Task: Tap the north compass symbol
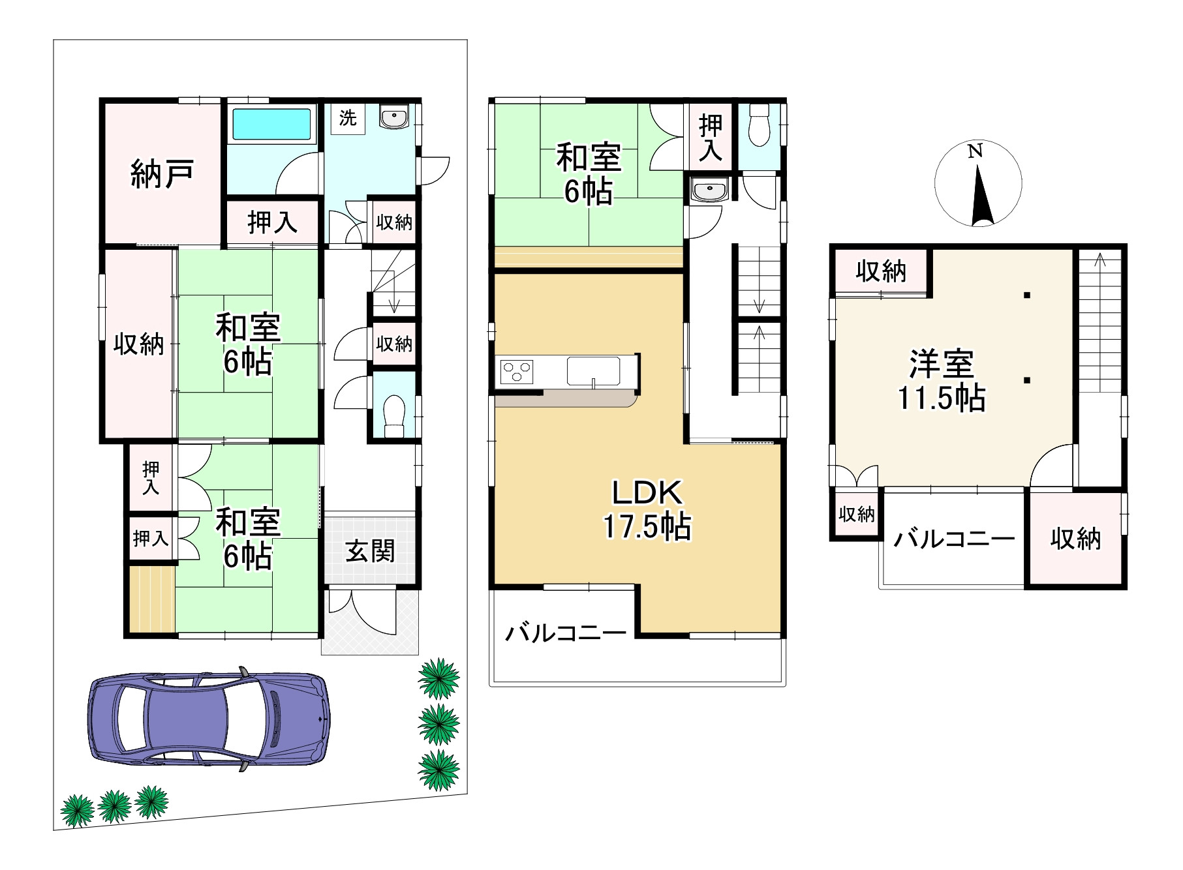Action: pos(977,184)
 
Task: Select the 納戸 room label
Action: pos(162,173)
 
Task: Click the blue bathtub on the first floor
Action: pos(271,124)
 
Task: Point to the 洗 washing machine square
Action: pos(347,119)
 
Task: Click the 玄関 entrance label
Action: pos(370,552)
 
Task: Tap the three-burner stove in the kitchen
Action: pos(517,372)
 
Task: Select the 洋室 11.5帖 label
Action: pos(942,380)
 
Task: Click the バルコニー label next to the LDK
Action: pos(566,633)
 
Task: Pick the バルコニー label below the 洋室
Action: pos(954,539)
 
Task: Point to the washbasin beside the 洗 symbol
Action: pos(393,117)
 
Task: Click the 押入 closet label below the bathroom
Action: pos(272,223)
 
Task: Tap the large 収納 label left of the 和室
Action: pos(138,344)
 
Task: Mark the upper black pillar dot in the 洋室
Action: pos(1026,295)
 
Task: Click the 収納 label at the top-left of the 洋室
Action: pos(881,271)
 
